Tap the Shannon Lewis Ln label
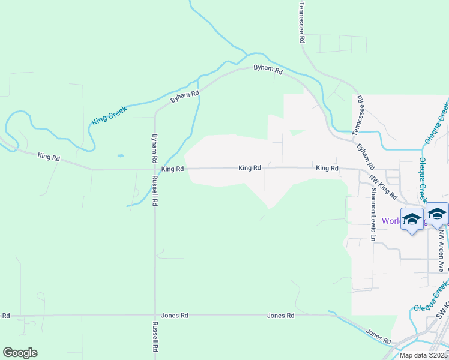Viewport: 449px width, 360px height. click(373, 215)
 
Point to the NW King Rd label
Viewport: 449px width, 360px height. click(384, 187)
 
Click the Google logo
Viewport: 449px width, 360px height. click(20, 353)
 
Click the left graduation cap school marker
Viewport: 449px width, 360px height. click(412, 220)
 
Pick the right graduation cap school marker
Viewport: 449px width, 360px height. click(437, 214)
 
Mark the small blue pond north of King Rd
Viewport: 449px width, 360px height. click(121, 156)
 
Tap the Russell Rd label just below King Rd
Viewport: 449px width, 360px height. click(155, 191)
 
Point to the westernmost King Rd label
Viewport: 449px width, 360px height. click(49, 157)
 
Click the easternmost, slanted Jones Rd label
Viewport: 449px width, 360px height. click(378, 335)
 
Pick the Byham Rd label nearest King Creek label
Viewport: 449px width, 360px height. click(184, 97)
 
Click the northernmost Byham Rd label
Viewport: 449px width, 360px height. click(268, 70)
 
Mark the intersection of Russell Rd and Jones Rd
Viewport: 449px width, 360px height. click(155, 315)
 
